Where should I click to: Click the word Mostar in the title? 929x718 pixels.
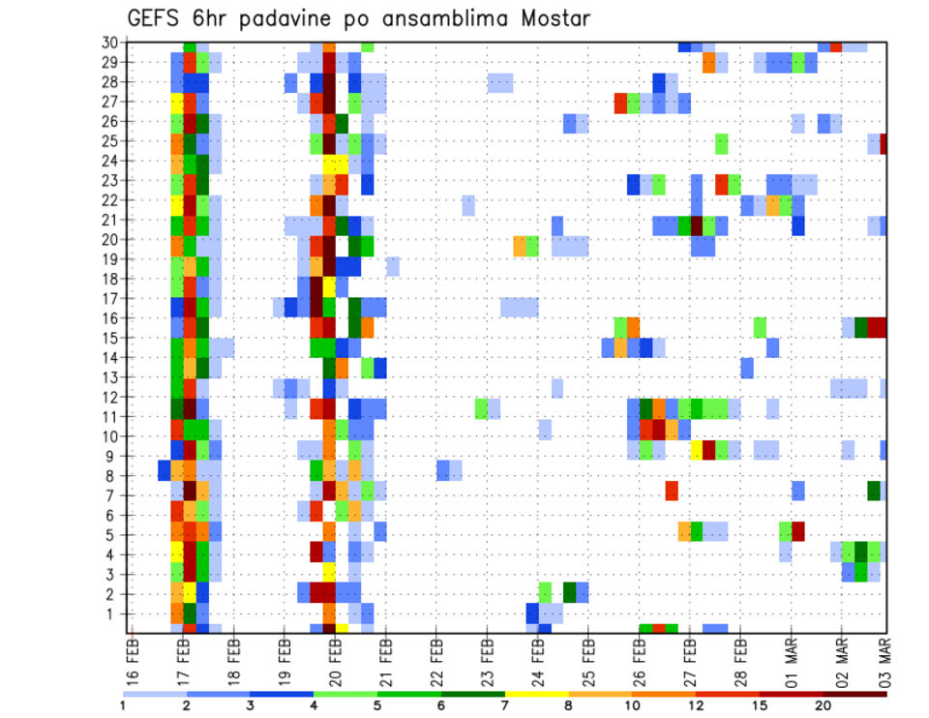(x=552, y=19)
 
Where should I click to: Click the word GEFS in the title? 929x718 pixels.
(x=157, y=19)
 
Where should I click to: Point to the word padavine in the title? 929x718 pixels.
(x=281, y=19)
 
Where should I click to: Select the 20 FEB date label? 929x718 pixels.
(x=336, y=659)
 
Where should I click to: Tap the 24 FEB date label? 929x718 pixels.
(x=538, y=659)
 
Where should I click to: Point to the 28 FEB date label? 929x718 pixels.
(x=741, y=659)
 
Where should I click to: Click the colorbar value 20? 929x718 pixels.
(x=824, y=705)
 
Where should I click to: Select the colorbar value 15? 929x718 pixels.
(x=760, y=705)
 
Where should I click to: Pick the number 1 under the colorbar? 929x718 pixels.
(x=123, y=705)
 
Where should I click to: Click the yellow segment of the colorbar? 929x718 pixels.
(x=537, y=693)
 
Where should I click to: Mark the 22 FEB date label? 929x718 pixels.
(x=436, y=659)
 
